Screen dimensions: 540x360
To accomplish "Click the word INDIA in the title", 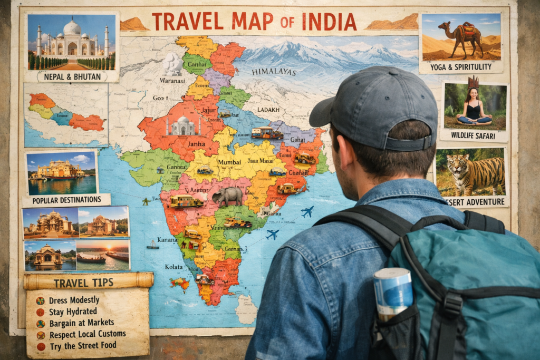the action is (x=329, y=22).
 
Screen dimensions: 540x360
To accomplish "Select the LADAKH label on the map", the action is (x=268, y=110).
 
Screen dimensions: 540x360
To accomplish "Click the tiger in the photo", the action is (x=474, y=173).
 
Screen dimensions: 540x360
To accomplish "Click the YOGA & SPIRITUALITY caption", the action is (x=461, y=67).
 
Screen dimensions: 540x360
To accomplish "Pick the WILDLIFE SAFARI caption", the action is (x=474, y=135).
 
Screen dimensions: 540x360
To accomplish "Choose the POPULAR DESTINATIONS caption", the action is (x=66, y=200).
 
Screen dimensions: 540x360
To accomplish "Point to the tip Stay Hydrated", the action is (x=74, y=312).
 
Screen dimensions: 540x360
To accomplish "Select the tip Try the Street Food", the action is (x=83, y=346).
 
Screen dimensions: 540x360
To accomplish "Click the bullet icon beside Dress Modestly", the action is (x=40, y=300).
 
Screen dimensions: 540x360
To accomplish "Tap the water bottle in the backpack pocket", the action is (x=393, y=293).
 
